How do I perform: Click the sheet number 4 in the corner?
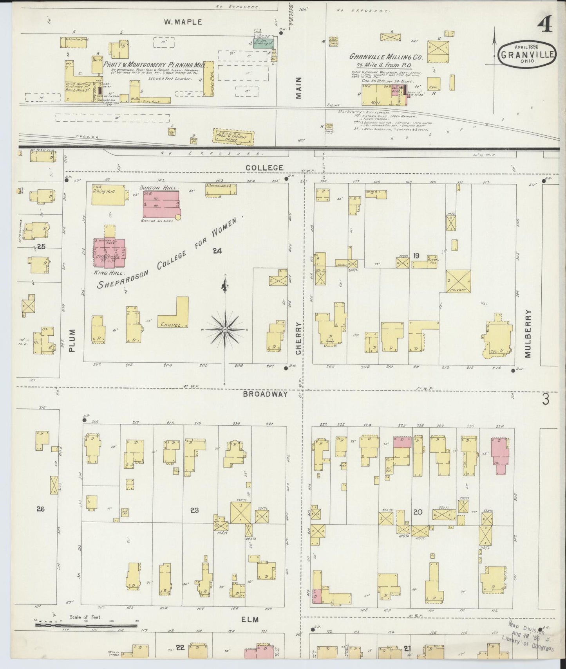tap(545, 25)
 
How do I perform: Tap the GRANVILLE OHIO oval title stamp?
tap(528, 55)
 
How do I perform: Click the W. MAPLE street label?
tap(183, 22)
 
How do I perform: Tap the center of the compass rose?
tap(225, 331)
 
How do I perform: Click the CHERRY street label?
tap(298, 338)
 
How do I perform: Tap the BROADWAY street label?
tap(265, 394)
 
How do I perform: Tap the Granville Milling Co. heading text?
tap(386, 56)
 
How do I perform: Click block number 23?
tap(195, 510)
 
